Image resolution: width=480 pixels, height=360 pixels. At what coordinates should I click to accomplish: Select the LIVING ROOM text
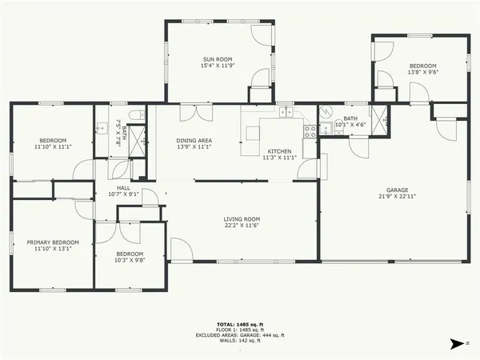[241, 219]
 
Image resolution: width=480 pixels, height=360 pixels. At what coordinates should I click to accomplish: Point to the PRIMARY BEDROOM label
[54, 242]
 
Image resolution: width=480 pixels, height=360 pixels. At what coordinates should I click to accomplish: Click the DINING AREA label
[194, 141]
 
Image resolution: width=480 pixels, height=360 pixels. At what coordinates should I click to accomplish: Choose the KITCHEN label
[280, 151]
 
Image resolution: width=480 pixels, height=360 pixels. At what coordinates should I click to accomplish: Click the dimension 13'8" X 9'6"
[422, 72]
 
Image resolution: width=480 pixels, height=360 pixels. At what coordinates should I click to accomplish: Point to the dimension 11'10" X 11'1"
[52, 147]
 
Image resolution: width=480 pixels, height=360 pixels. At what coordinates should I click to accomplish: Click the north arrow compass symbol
[457, 343]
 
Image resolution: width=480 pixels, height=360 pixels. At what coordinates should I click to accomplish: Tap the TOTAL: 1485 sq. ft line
[240, 324]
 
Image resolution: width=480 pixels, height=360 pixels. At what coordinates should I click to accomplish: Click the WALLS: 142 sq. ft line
[240, 341]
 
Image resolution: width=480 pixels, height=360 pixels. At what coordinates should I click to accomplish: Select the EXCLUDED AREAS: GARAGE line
[240, 335]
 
